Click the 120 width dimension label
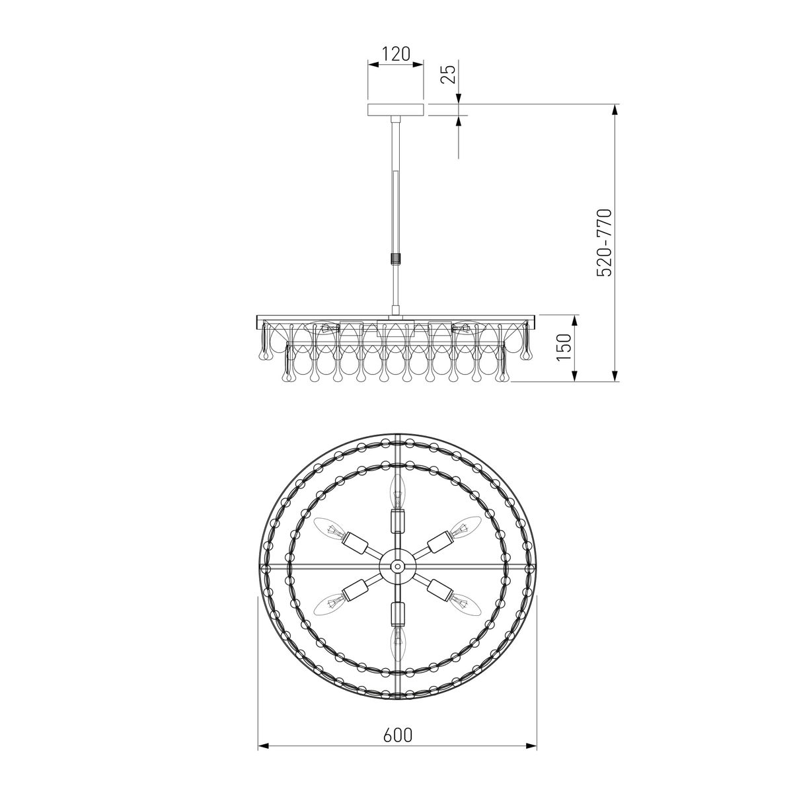pyautogui.click(x=396, y=54)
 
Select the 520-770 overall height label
pyautogui.click(x=605, y=243)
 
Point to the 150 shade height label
pyautogui.click(x=564, y=347)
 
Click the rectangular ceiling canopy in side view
pyautogui.click(x=395, y=110)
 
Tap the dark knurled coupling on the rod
pyautogui.click(x=395, y=260)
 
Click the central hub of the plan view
pyautogui.click(x=397, y=566)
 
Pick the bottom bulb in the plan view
pyautogui.click(x=397, y=640)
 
